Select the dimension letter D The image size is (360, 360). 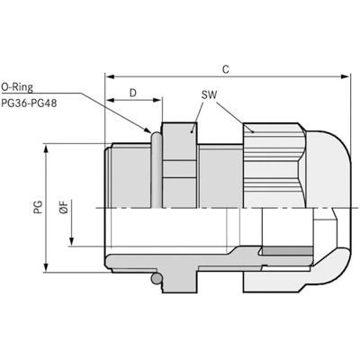pyautogui.click(x=133, y=93)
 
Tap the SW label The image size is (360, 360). pyautogui.click(x=208, y=94)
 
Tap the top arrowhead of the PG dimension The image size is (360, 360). pyautogui.click(x=47, y=146)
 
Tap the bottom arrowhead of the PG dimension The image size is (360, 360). pyautogui.click(x=47, y=271)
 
